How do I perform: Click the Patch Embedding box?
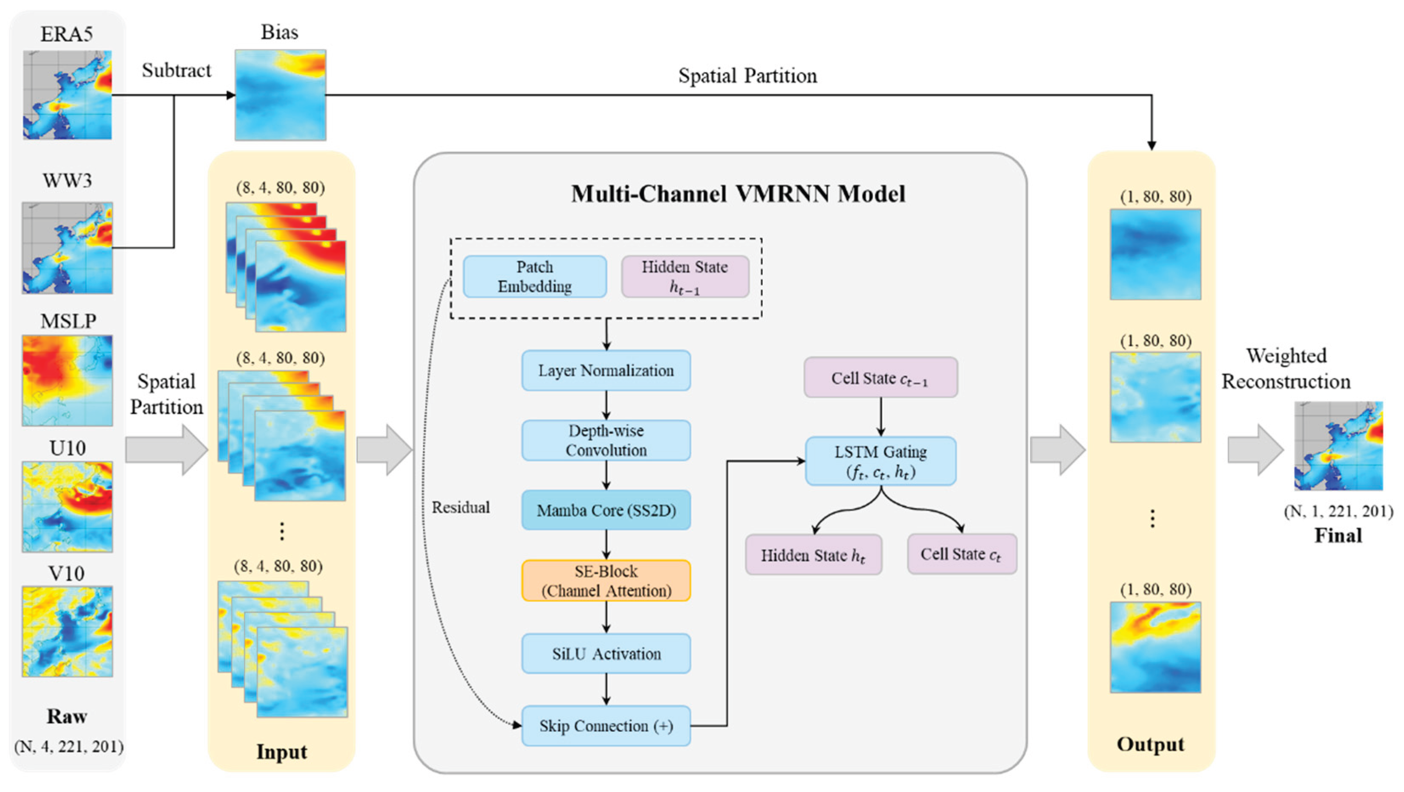pyautogui.click(x=535, y=276)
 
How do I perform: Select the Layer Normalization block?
pyautogui.click(x=606, y=371)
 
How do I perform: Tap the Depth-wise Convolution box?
pyautogui.click(x=606, y=441)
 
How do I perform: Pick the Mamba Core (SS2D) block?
pyautogui.click(x=606, y=510)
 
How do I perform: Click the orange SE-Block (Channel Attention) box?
pyautogui.click(x=606, y=581)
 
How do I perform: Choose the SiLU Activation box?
pyautogui.click(x=606, y=653)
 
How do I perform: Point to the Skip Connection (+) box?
pyautogui.click(x=606, y=725)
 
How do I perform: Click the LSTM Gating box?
pyautogui.click(x=881, y=461)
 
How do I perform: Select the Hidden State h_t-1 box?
pyautogui.click(x=685, y=276)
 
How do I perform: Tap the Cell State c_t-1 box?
pyautogui.click(x=881, y=377)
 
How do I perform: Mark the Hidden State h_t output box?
pyautogui.click(x=814, y=554)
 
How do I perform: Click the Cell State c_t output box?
pyautogui.click(x=962, y=554)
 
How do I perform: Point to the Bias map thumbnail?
pyautogui.click(x=280, y=95)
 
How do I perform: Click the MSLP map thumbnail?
pyautogui.click(x=67, y=380)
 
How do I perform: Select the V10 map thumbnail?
pyautogui.click(x=67, y=631)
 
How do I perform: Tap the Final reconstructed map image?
pyautogui.click(x=1339, y=446)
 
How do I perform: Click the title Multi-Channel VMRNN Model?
pyautogui.click(x=739, y=194)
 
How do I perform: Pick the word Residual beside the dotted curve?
pyautogui.click(x=461, y=508)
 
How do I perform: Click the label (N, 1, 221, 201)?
pyautogui.click(x=1339, y=511)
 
